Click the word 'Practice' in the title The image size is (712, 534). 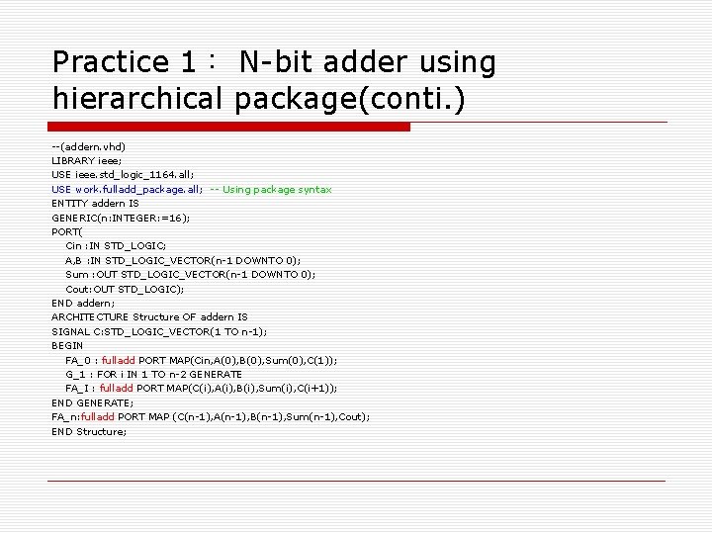tap(111, 62)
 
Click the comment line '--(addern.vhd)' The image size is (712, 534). tap(89, 146)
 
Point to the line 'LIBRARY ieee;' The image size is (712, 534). tap(87, 160)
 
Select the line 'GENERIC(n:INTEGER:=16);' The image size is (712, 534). tap(121, 218)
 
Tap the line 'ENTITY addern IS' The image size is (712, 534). tap(95, 203)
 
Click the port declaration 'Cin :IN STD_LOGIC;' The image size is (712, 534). tap(116, 245)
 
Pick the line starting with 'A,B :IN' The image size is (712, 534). tap(183, 260)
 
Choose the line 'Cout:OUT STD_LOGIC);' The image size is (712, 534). tap(125, 289)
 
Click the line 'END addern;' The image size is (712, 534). tap(83, 303)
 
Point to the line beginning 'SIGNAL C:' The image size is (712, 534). tap(159, 331)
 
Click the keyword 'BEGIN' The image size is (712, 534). tap(67, 346)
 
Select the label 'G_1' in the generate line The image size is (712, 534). tap(75, 374)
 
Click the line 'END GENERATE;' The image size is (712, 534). tap(92, 402)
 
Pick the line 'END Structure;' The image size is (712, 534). tap(89, 431)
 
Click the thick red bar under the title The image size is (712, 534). tap(230, 128)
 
